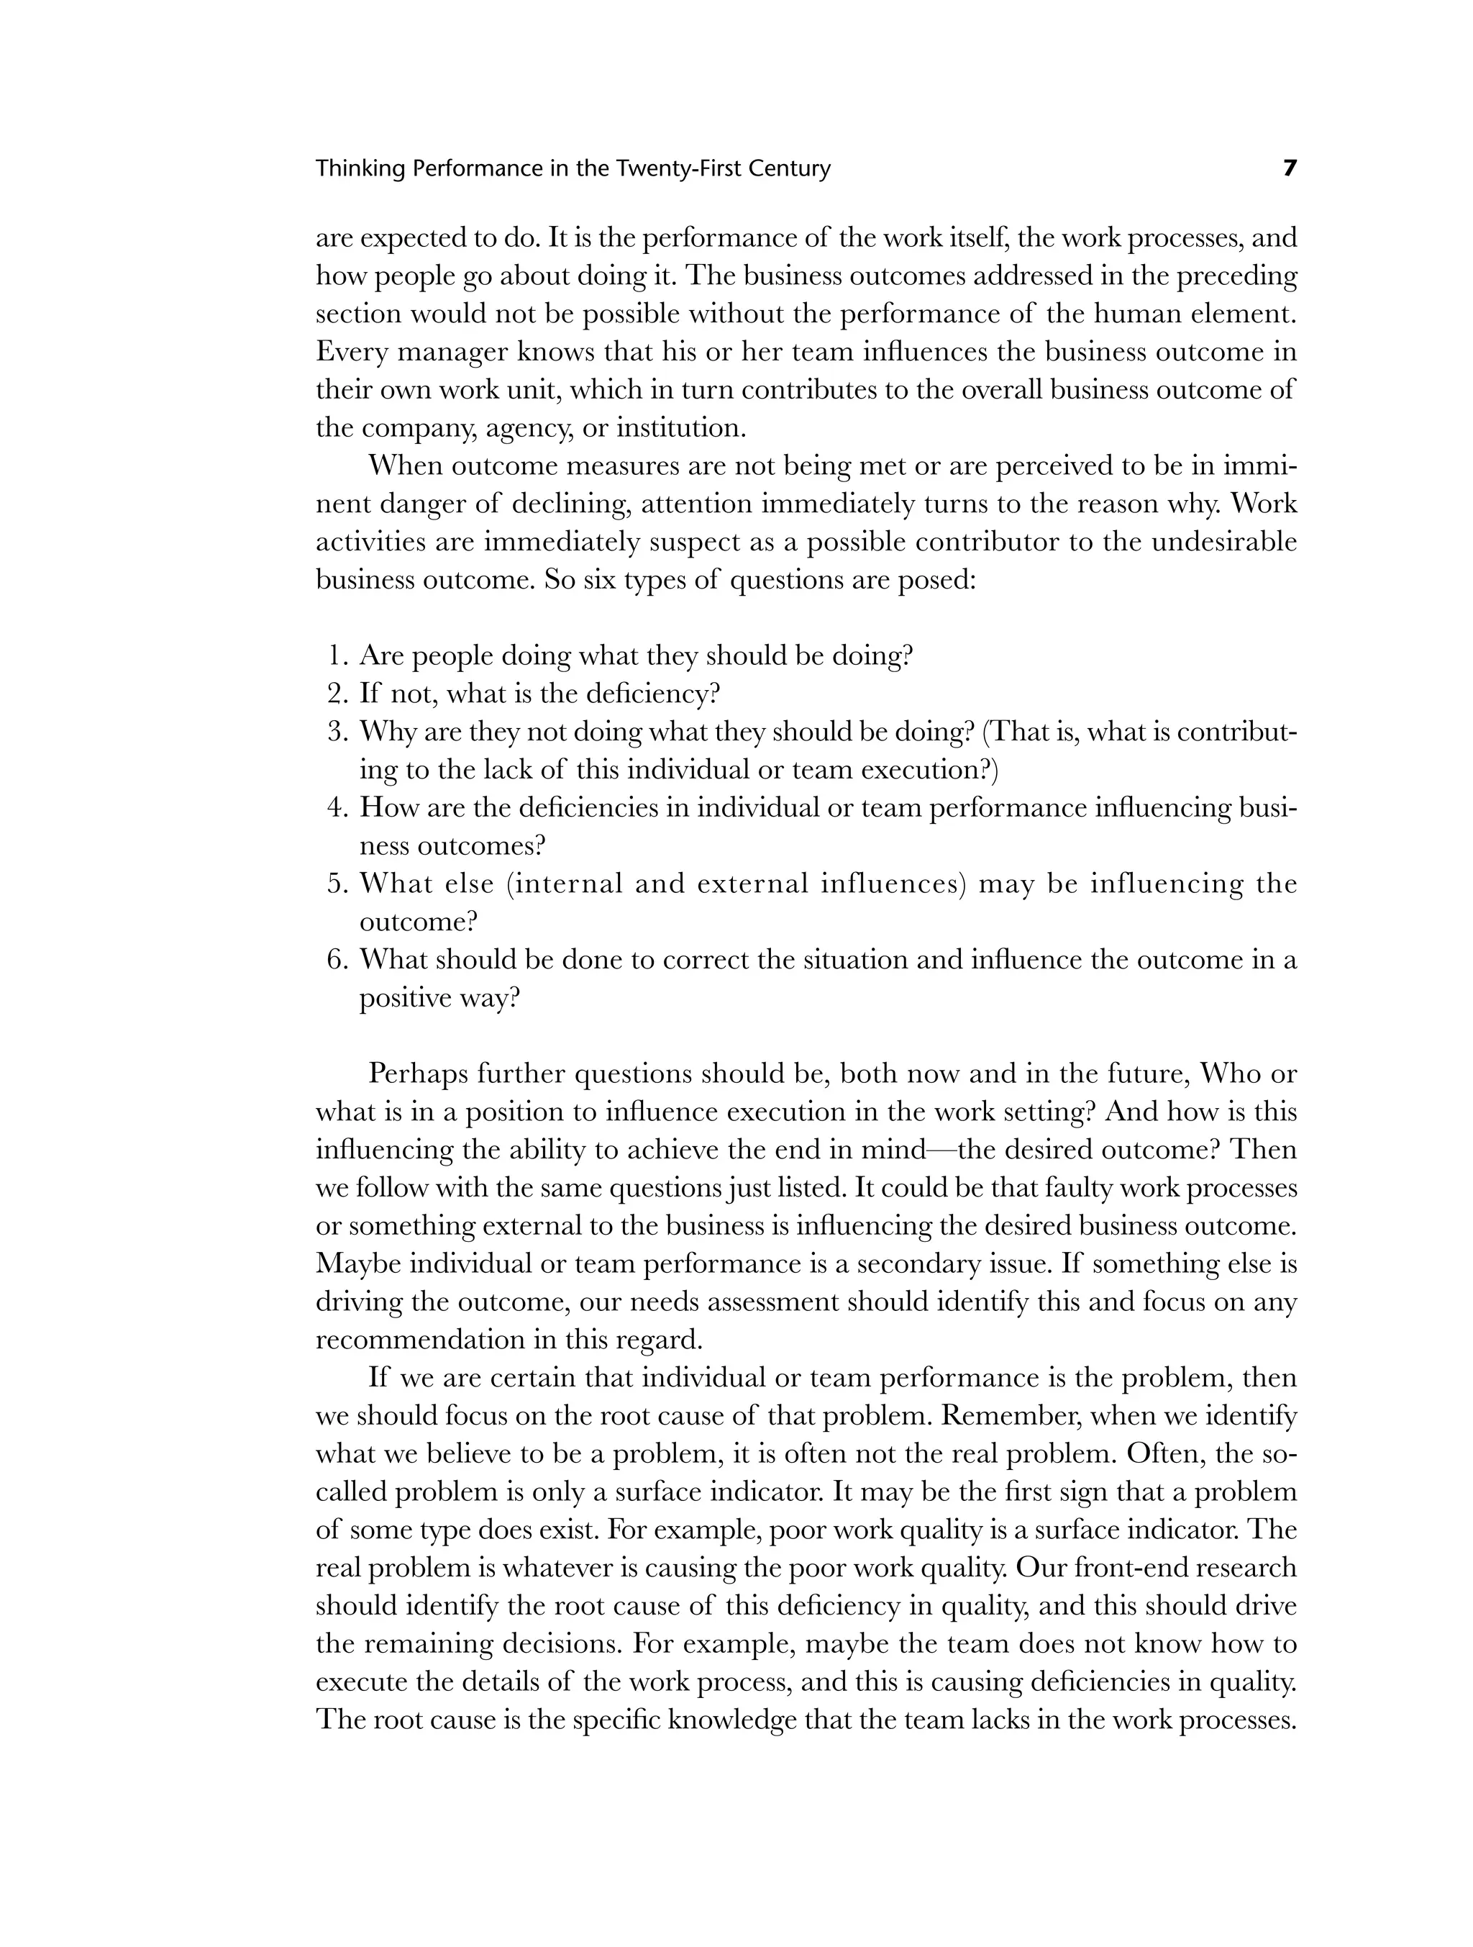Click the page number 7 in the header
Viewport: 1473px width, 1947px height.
click(1289, 168)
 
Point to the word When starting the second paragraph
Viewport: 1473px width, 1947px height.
click(405, 466)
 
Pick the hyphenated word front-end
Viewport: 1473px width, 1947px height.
click(1131, 1568)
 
